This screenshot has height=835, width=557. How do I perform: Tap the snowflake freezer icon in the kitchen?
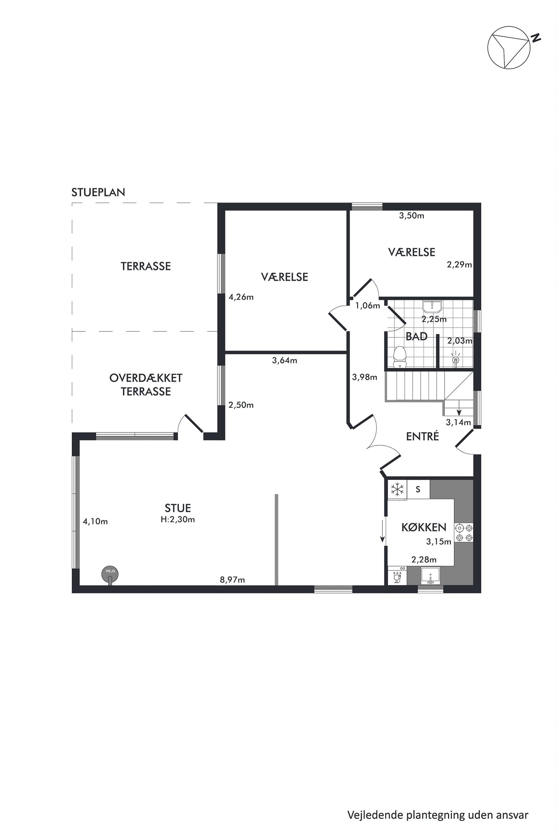397,490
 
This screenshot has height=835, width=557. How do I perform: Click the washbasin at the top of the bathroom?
432,306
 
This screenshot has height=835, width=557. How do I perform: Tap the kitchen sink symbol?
430,575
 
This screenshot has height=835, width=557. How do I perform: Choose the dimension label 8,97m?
232,580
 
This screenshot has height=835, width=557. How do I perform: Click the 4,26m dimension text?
241,297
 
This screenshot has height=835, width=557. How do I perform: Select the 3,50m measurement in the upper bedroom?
411,215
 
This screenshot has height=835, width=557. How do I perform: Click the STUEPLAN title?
98,192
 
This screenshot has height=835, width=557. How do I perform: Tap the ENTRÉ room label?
422,436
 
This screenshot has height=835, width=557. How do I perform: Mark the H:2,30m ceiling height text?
178,519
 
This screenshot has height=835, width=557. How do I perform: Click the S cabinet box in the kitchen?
418,489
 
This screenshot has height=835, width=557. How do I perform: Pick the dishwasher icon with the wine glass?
397,575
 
